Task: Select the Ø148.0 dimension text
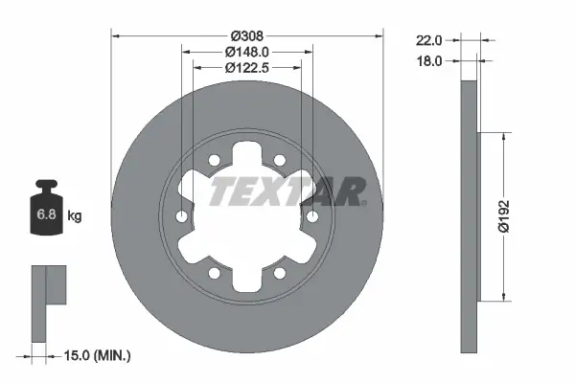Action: coord(247,51)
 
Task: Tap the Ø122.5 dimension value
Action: coord(247,67)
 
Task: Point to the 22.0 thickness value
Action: coord(428,41)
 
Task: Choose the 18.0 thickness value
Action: coord(428,60)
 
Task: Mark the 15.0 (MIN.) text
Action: coord(99,355)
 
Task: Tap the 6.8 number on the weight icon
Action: coord(46,215)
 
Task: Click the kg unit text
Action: coord(75,216)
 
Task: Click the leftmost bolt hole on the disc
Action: coord(183,217)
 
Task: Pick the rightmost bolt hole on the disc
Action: coord(311,217)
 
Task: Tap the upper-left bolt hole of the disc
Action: coord(216,161)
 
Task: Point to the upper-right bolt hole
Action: coord(279,161)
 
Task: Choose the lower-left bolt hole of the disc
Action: coord(216,273)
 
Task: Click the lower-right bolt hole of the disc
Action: coord(279,273)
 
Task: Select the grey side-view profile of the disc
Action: coord(469,216)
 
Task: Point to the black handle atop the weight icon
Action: coord(46,187)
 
